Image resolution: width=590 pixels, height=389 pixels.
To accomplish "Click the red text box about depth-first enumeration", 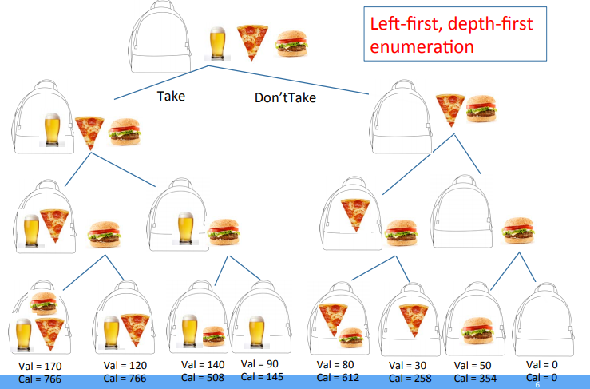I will coord(455,34).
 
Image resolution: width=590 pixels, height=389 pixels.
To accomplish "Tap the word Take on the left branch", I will coord(171,95).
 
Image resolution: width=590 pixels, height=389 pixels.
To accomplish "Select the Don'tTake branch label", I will coord(285,98).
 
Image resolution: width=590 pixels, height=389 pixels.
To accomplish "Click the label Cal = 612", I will coord(339,377).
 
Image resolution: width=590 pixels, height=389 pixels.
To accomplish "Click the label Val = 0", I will coord(542,365).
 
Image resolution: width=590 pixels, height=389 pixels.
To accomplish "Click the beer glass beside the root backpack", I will coord(217,44).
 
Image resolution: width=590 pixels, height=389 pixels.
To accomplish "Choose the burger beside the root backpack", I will coord(289,46).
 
